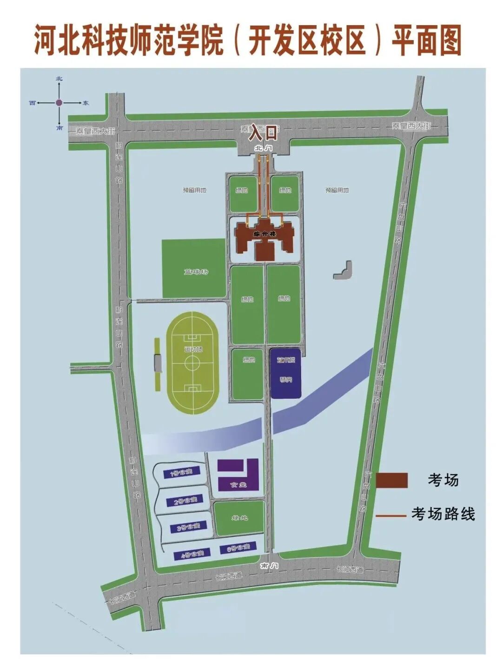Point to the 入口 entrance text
tap(263, 134)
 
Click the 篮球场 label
tap(196, 271)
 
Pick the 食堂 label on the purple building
tap(238, 485)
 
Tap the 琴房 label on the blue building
tap(285, 380)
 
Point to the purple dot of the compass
tap(59, 103)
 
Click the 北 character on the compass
tap(59, 79)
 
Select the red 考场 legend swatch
tap(391, 480)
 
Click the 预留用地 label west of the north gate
tap(194, 190)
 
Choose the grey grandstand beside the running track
tap(158, 362)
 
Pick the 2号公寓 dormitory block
tap(185, 501)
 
